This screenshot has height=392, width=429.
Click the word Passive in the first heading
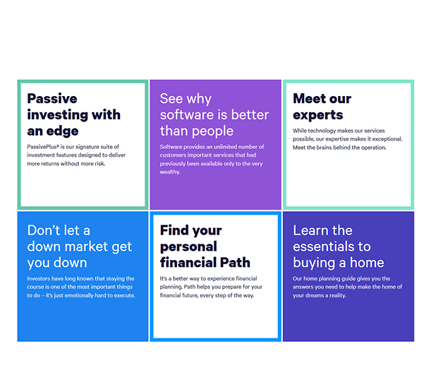[52, 99]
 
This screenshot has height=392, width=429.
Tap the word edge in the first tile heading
[62, 131]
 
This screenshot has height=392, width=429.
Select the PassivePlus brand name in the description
[42, 147]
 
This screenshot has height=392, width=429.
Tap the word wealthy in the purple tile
[170, 172]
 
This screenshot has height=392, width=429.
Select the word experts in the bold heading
[318, 115]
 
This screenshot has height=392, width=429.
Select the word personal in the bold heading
[188, 247]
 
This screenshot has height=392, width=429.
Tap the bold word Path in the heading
[235, 263]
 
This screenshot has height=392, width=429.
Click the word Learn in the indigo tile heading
[309, 230]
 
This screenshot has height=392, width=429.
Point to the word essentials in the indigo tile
[320, 247]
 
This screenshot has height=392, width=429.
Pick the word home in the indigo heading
[367, 263]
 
